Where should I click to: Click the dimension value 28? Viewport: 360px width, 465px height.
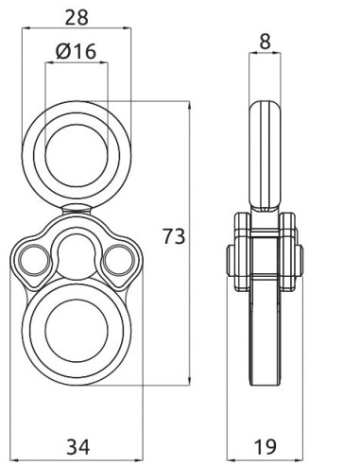coord(77,15)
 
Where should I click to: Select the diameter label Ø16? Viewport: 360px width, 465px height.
coord(77,53)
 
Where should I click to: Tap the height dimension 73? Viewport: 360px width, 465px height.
coord(175,235)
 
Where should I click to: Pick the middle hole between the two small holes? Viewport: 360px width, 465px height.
coord(77,251)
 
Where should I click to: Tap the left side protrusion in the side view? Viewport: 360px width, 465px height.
coord(233,258)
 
